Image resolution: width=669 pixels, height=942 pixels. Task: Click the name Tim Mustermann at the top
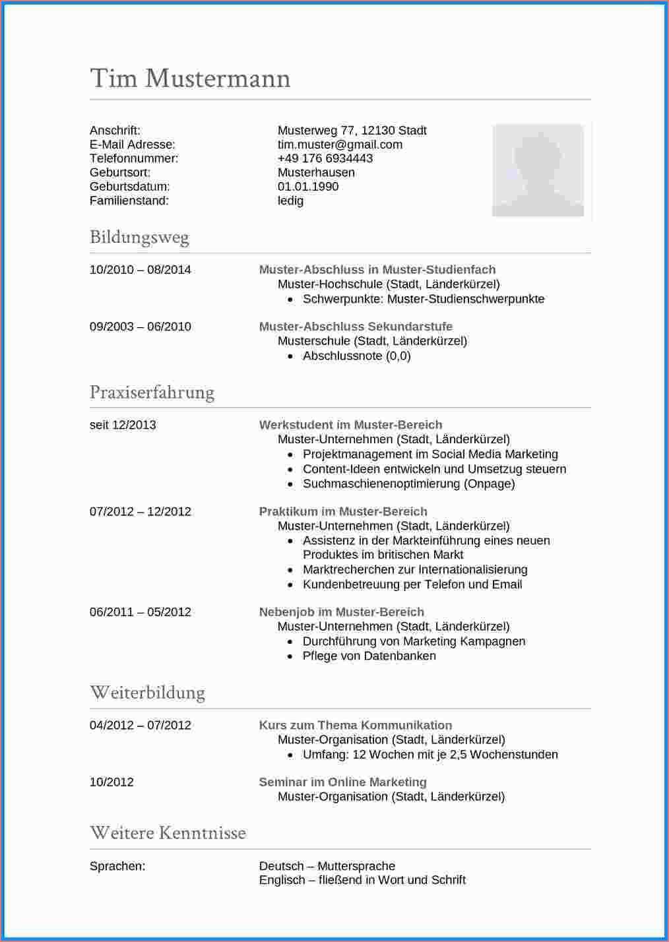click(x=190, y=78)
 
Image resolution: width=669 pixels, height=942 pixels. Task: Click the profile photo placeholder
click(x=538, y=170)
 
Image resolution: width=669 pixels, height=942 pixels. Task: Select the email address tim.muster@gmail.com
click(x=340, y=144)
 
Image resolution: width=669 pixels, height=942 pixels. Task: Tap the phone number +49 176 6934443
click(x=325, y=158)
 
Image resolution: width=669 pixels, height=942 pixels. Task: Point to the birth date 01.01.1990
click(x=308, y=187)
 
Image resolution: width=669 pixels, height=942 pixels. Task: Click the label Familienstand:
click(x=129, y=201)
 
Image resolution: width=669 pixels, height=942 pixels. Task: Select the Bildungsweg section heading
click(x=139, y=237)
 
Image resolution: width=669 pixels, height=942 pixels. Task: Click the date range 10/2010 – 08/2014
click(x=140, y=270)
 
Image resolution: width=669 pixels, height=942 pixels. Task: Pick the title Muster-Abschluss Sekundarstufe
click(x=356, y=327)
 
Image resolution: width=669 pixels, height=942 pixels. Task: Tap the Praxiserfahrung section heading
click(x=152, y=392)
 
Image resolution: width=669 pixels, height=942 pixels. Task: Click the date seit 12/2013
click(x=123, y=425)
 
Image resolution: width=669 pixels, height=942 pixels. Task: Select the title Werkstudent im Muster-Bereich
click(x=350, y=425)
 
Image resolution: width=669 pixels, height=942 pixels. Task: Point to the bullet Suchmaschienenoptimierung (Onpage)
click(x=408, y=484)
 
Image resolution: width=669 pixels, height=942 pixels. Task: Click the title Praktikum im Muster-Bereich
click(x=343, y=511)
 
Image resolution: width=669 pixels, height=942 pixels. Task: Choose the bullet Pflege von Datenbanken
click(x=369, y=656)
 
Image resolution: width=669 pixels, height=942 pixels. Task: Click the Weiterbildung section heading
click(x=147, y=693)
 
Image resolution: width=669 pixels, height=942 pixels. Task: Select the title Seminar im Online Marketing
click(x=342, y=782)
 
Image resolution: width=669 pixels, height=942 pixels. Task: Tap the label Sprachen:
click(x=117, y=866)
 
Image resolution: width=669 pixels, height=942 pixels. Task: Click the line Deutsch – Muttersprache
click(x=327, y=866)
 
